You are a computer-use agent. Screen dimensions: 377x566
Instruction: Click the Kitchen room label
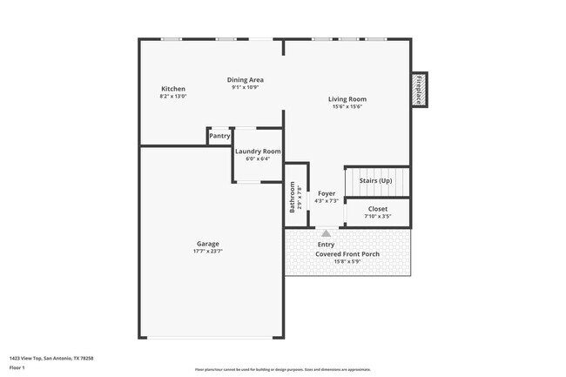[172, 89]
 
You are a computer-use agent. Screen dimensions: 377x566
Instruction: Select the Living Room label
[347, 98]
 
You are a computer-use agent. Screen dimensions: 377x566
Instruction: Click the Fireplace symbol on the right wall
[418, 90]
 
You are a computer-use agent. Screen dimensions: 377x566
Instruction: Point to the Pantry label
[219, 136]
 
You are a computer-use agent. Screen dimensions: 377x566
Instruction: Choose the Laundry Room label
[259, 151]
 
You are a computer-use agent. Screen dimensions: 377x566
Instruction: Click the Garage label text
[207, 244]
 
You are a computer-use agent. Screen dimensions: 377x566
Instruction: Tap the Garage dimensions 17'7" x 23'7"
[207, 252]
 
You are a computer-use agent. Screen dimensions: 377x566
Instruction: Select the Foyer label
[327, 193]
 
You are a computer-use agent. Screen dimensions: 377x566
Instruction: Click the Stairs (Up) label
[376, 180]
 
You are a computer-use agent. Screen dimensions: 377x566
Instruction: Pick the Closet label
[378, 209]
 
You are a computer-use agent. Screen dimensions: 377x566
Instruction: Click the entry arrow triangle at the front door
[326, 233]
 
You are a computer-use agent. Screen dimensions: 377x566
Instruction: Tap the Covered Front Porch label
[347, 254]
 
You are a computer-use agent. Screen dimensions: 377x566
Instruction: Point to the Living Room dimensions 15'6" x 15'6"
[347, 106]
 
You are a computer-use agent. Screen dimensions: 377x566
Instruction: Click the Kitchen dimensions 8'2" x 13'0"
[172, 97]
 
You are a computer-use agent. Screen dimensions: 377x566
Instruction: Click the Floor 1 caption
[17, 367]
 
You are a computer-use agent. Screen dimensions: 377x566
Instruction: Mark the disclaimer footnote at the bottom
[282, 370]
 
